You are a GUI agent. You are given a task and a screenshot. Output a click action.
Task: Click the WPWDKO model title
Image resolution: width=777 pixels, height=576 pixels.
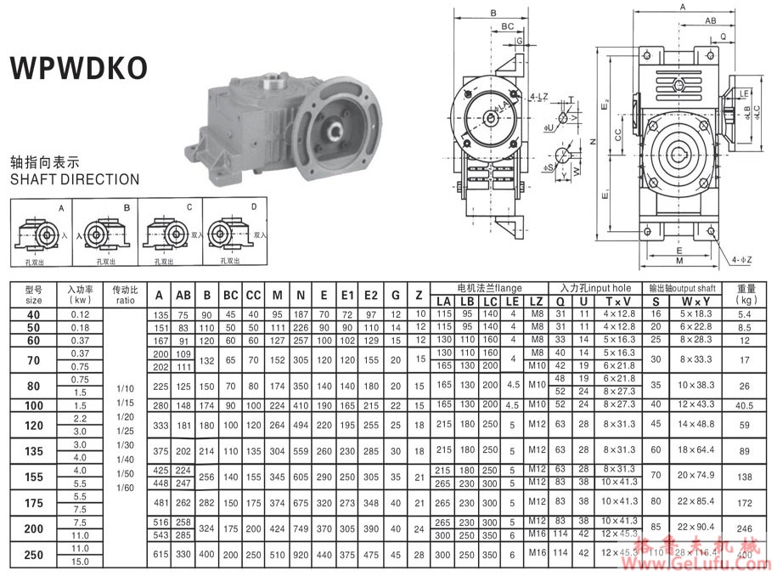pyautogui.click(x=78, y=69)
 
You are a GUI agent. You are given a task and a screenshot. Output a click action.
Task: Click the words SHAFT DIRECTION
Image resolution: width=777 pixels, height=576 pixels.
pyautogui.click(x=74, y=179)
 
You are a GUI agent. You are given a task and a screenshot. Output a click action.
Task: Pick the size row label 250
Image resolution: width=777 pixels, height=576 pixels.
pyautogui.click(x=34, y=555)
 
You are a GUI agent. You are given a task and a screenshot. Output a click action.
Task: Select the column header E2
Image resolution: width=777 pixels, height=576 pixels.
pyautogui.click(x=370, y=296)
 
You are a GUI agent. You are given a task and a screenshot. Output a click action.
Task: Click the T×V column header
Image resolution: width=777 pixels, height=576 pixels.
pyautogui.click(x=618, y=302)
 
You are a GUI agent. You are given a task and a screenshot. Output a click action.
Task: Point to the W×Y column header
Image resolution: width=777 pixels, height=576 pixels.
pyautogui.click(x=695, y=302)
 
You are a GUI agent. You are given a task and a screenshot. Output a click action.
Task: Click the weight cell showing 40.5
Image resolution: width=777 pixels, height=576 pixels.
pyautogui.click(x=746, y=405)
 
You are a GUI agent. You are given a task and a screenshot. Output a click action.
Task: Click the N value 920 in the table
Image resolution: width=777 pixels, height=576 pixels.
pyautogui.click(x=301, y=555)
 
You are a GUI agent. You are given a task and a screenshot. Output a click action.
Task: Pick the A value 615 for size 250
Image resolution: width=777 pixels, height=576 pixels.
pyautogui.click(x=160, y=555)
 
